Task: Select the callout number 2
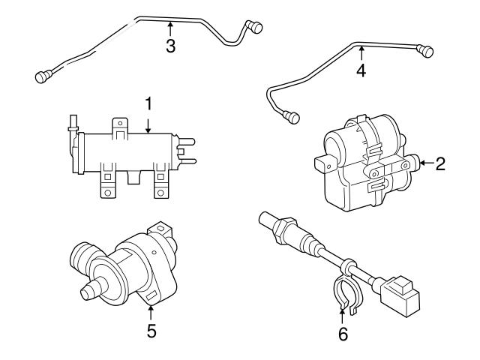pos(440,163)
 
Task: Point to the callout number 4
pos(361,71)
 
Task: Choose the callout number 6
pos(343,334)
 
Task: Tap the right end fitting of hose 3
pos(256,28)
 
